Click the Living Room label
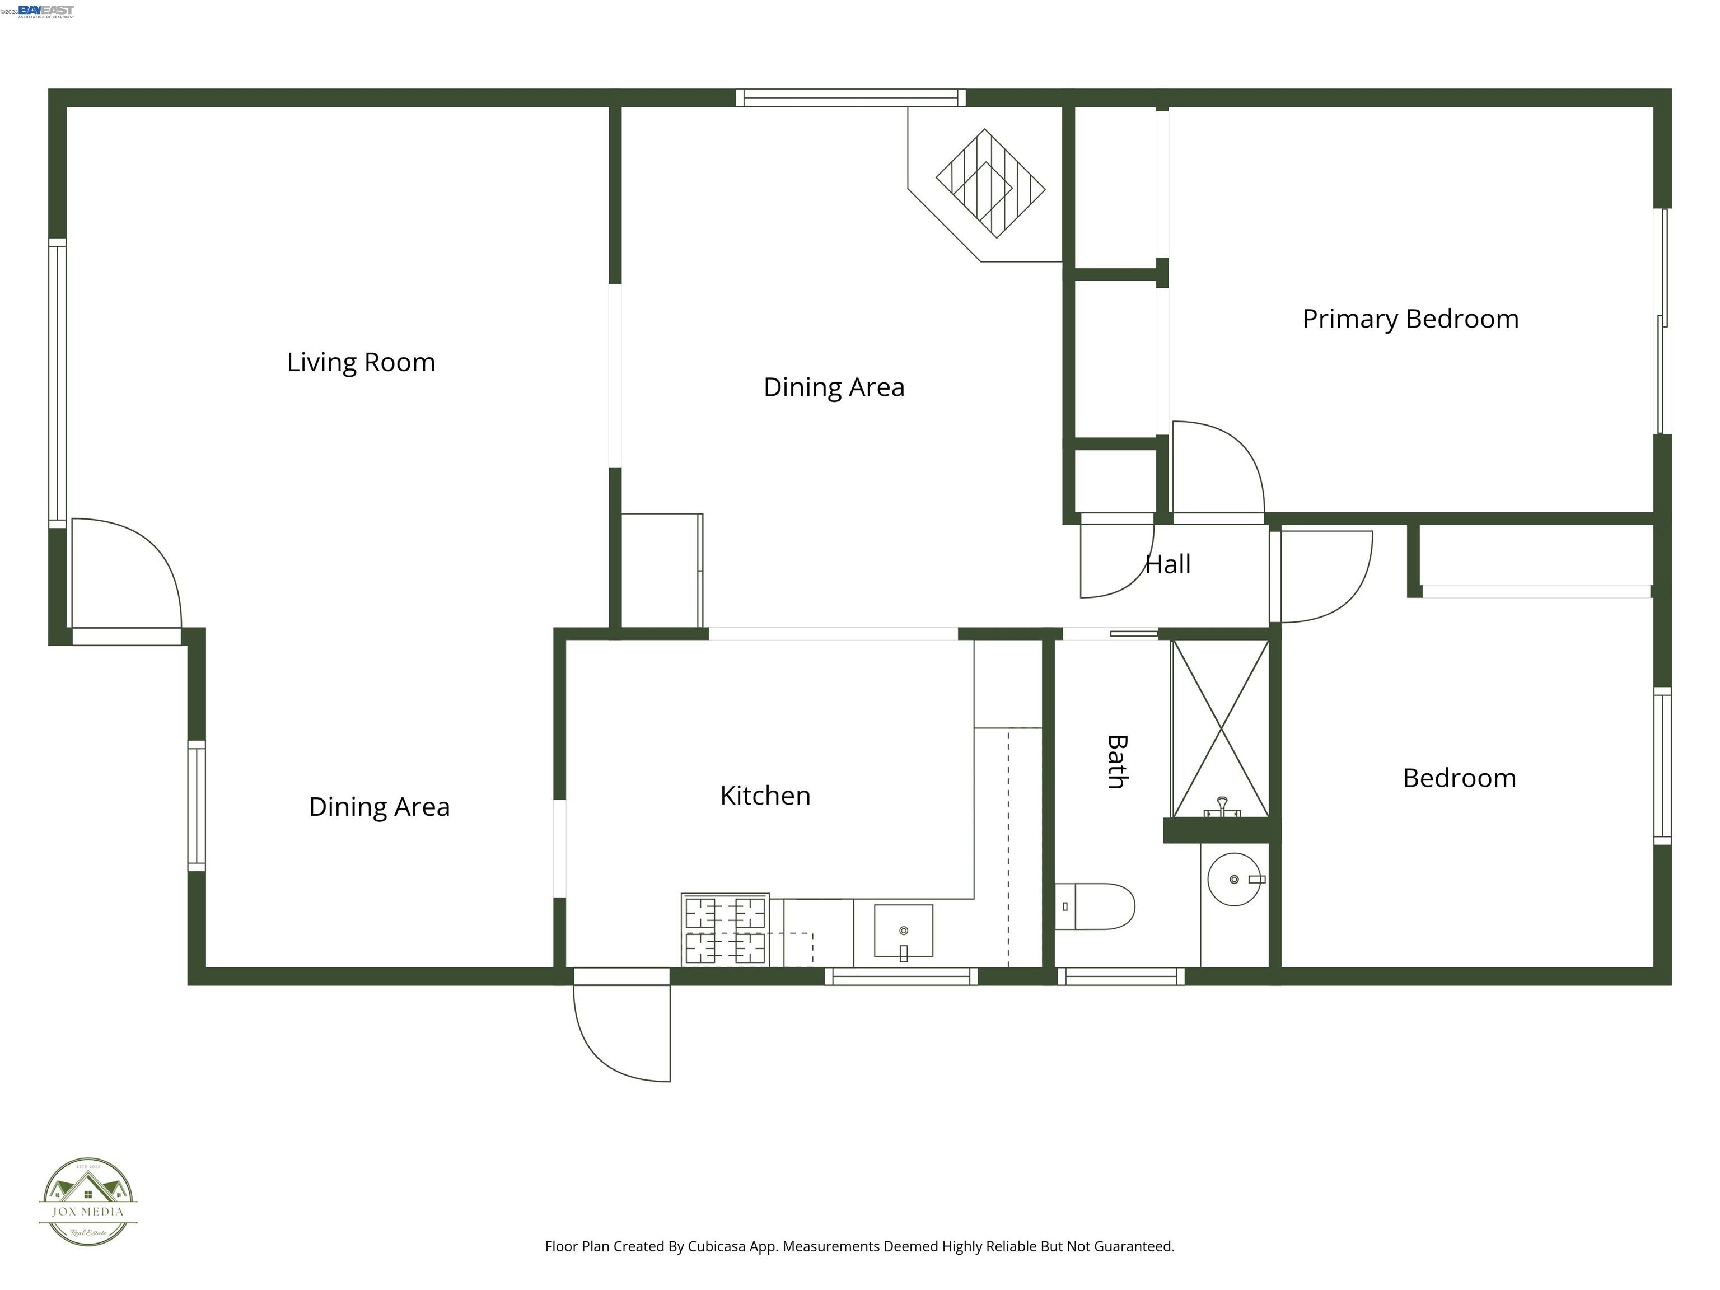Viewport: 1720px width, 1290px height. coord(361,362)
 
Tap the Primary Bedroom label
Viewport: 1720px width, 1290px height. coord(1410,319)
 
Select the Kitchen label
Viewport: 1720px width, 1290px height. coord(765,796)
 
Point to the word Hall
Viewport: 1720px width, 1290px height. coord(1167,564)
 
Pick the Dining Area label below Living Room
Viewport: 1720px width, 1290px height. coord(378,807)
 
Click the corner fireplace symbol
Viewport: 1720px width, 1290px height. coord(989,184)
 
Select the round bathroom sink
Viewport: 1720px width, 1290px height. coord(1234,880)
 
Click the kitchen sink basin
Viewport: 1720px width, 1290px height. coord(903,930)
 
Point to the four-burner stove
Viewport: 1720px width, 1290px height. coord(725,930)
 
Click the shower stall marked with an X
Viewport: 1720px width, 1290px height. coord(1220,728)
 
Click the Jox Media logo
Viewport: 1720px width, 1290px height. coord(88,1202)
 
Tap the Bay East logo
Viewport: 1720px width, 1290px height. coord(45,11)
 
